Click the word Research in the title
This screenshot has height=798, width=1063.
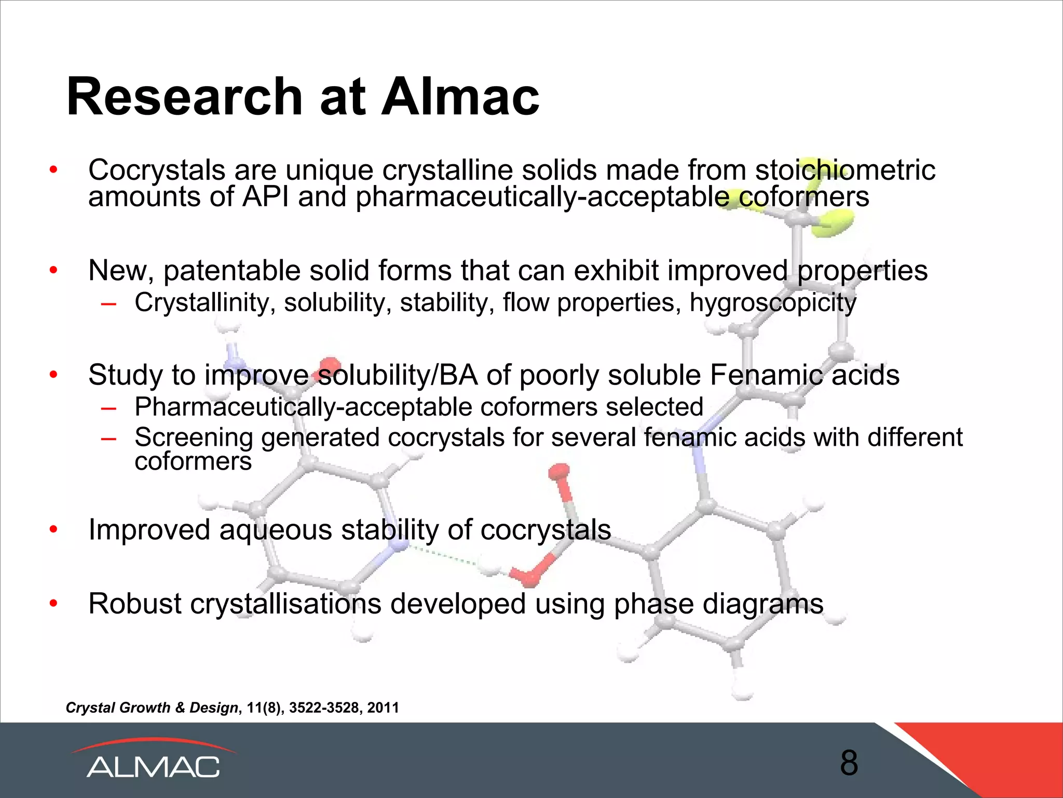click(x=184, y=97)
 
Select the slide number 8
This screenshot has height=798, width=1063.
click(x=849, y=763)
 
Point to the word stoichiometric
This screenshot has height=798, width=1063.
click(x=845, y=170)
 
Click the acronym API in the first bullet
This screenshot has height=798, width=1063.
click(x=265, y=197)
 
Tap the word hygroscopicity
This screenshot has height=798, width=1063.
click(x=773, y=303)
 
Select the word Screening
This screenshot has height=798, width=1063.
click(x=194, y=437)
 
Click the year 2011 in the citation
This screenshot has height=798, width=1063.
click(x=383, y=708)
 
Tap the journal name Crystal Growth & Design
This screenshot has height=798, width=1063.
click(x=152, y=708)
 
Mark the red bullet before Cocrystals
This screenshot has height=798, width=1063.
click(x=53, y=170)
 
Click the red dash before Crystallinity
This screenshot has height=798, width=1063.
click(x=108, y=303)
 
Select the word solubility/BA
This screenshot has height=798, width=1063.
click(x=398, y=375)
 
